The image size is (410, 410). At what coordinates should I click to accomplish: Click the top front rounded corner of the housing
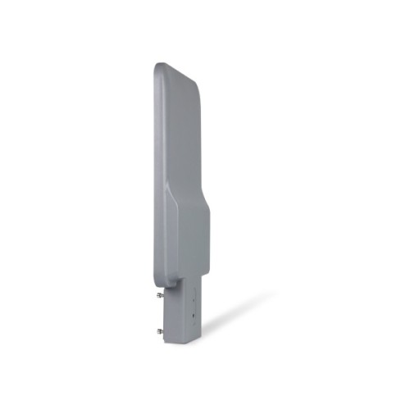(x=158, y=67)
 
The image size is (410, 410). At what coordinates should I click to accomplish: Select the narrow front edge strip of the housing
(x=159, y=164)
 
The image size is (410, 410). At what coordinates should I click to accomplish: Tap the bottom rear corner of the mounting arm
(x=199, y=331)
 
